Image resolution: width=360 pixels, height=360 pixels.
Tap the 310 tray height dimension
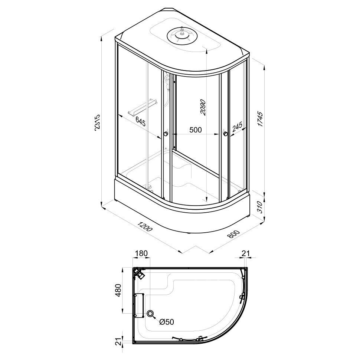point(260,207)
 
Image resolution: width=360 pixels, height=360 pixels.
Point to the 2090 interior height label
point(203,108)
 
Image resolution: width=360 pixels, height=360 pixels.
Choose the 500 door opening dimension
point(195,130)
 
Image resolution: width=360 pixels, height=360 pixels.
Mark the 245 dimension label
point(237,127)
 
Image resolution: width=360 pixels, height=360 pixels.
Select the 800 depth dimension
point(233,234)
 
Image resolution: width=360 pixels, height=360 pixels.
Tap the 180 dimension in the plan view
point(141,253)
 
